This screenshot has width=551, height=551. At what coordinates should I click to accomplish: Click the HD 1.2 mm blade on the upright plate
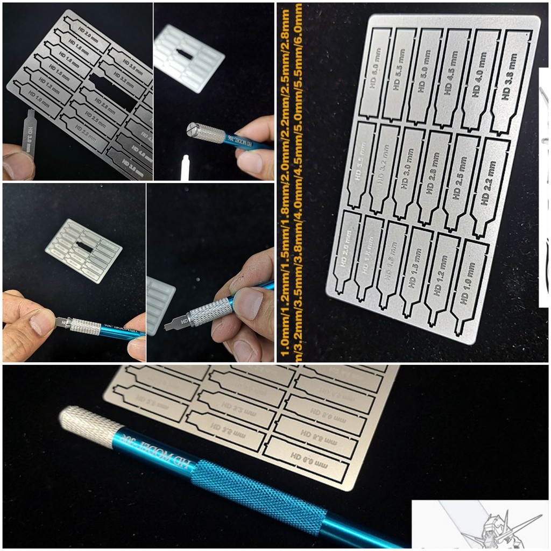pos(442,277)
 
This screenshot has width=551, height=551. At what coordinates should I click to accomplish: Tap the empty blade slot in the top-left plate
pos(113,93)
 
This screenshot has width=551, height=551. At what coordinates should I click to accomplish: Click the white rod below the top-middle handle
pos(185,167)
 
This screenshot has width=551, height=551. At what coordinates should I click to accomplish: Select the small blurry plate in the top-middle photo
pos(188,58)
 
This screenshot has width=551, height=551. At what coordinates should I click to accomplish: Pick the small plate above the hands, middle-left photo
pos(83,250)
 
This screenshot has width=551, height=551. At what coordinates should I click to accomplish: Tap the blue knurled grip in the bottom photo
pos(258,495)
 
